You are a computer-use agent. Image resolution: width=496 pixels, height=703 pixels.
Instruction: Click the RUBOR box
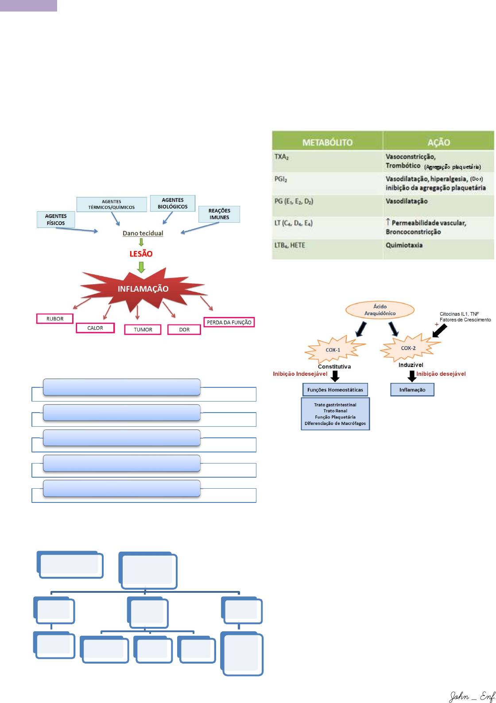[x=55, y=319]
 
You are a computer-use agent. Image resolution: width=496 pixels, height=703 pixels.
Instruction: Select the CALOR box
[x=95, y=328]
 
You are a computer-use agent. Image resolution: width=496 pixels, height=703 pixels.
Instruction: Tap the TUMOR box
[x=143, y=330]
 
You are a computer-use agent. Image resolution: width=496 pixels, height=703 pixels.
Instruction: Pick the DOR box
[x=184, y=330]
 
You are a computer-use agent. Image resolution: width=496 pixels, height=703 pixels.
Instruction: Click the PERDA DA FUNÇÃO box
[x=229, y=322]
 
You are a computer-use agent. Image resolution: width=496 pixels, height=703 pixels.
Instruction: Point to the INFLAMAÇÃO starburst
[x=143, y=289]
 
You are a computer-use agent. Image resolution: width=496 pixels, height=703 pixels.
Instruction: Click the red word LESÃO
[x=141, y=254]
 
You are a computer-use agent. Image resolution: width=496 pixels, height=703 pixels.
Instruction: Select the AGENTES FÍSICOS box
[x=56, y=220]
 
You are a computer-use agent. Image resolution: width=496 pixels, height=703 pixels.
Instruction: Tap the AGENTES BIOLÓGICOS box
[x=173, y=203]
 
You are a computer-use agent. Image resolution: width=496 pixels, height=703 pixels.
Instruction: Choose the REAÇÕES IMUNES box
[x=219, y=214]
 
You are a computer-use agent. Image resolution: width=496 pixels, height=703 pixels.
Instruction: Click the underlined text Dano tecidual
[x=143, y=233]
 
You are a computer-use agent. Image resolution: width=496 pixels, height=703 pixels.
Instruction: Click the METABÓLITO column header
[x=327, y=143]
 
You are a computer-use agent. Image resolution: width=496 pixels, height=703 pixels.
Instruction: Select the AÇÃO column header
[x=438, y=143]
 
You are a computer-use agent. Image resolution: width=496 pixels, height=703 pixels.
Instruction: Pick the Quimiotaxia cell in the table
[x=404, y=245]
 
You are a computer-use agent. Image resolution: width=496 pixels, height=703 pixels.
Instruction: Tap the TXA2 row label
[x=282, y=157]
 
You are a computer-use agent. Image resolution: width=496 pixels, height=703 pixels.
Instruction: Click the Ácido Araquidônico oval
[x=380, y=310]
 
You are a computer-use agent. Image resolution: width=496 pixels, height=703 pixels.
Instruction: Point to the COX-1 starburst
[x=333, y=350]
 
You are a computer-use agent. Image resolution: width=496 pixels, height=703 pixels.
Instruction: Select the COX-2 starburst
[x=408, y=348]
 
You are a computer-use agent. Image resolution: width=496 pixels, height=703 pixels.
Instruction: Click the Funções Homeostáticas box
[x=335, y=390]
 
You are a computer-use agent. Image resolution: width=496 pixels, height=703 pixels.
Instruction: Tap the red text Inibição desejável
[x=441, y=374]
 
